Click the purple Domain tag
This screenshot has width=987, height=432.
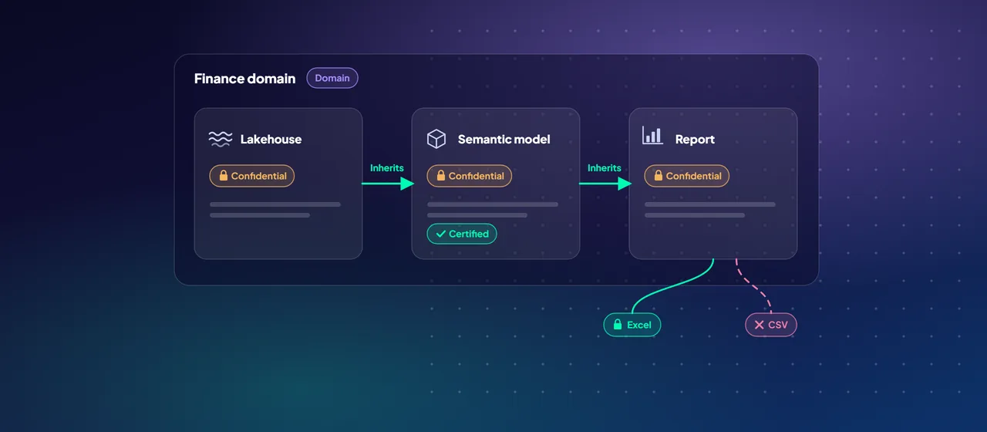[332, 78]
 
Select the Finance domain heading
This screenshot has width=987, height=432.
[245, 79]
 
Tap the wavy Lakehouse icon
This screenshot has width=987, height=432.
[221, 139]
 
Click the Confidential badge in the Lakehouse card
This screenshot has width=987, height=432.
[252, 176]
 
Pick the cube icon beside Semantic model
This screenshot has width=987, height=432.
[436, 139]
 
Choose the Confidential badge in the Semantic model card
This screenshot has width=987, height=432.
[470, 176]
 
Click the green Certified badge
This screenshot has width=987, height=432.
[462, 234]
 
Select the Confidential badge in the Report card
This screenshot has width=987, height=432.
[686, 176]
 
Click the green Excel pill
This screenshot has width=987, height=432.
[632, 325]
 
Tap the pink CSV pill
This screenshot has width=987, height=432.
[771, 325]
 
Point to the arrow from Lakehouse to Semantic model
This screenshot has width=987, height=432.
[388, 184]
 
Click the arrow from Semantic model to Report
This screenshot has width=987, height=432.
[605, 184]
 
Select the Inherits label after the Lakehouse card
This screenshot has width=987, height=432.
[387, 168]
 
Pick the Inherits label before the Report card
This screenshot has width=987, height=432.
[604, 168]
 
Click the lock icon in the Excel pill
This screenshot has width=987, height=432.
[618, 325]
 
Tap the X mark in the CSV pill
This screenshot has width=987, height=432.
[760, 325]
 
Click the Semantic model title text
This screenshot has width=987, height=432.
[504, 140]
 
